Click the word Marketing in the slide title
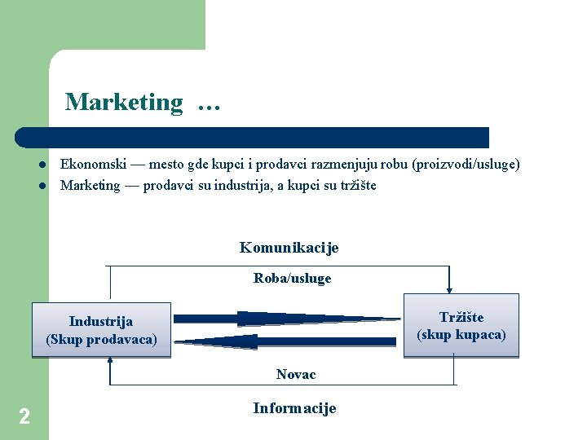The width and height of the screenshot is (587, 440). point(124,102)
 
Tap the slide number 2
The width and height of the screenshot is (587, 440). point(24,417)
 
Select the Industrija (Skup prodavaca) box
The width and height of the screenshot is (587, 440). point(101,330)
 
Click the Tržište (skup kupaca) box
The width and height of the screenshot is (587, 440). point(461,326)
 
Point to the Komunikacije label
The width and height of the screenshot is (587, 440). point(289,248)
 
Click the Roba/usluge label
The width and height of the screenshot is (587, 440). point(292,279)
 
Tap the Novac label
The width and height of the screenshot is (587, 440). point(296,374)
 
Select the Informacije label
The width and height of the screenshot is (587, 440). point(294,408)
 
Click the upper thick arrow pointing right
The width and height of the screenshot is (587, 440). point(285,318)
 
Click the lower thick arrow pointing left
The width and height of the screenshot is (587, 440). point(285,341)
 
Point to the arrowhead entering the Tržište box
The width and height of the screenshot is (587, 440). point(449,287)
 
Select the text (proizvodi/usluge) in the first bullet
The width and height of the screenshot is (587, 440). point(466,164)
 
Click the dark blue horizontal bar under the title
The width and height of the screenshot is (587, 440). point(253,137)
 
